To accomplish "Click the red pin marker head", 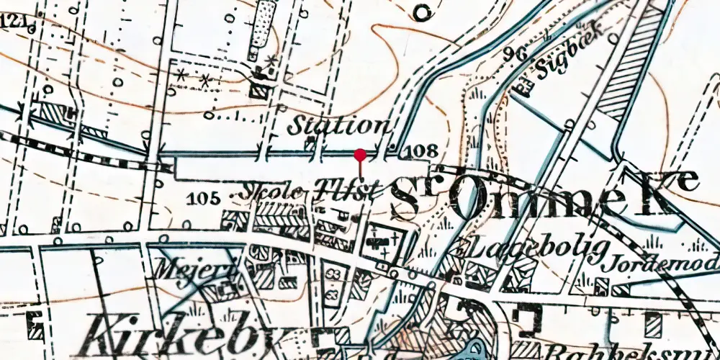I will (x=360, y=153).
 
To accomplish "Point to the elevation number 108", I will (x=422, y=151).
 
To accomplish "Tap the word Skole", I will (x=274, y=192).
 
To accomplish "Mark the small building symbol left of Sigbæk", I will (x=526, y=86).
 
